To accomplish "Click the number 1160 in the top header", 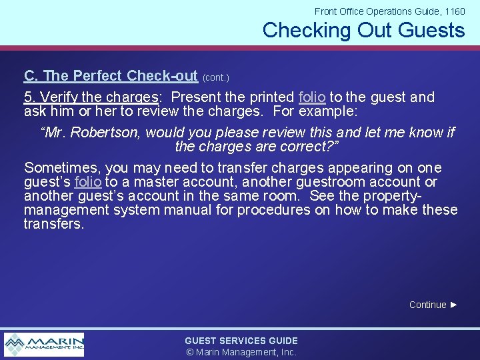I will coord(454,11).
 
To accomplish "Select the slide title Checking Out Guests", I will coord(363,30).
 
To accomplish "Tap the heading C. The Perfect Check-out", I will coord(111,76).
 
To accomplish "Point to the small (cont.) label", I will coord(215,78).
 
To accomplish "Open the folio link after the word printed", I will coord(312,97).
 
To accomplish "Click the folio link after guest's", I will coord(88,182).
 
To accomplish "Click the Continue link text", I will coord(427,305).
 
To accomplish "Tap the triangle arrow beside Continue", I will coord(454,305).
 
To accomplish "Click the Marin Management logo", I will coord(44,344).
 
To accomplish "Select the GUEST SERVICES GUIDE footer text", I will coord(241,341).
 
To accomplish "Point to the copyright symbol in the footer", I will coord(189,352).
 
